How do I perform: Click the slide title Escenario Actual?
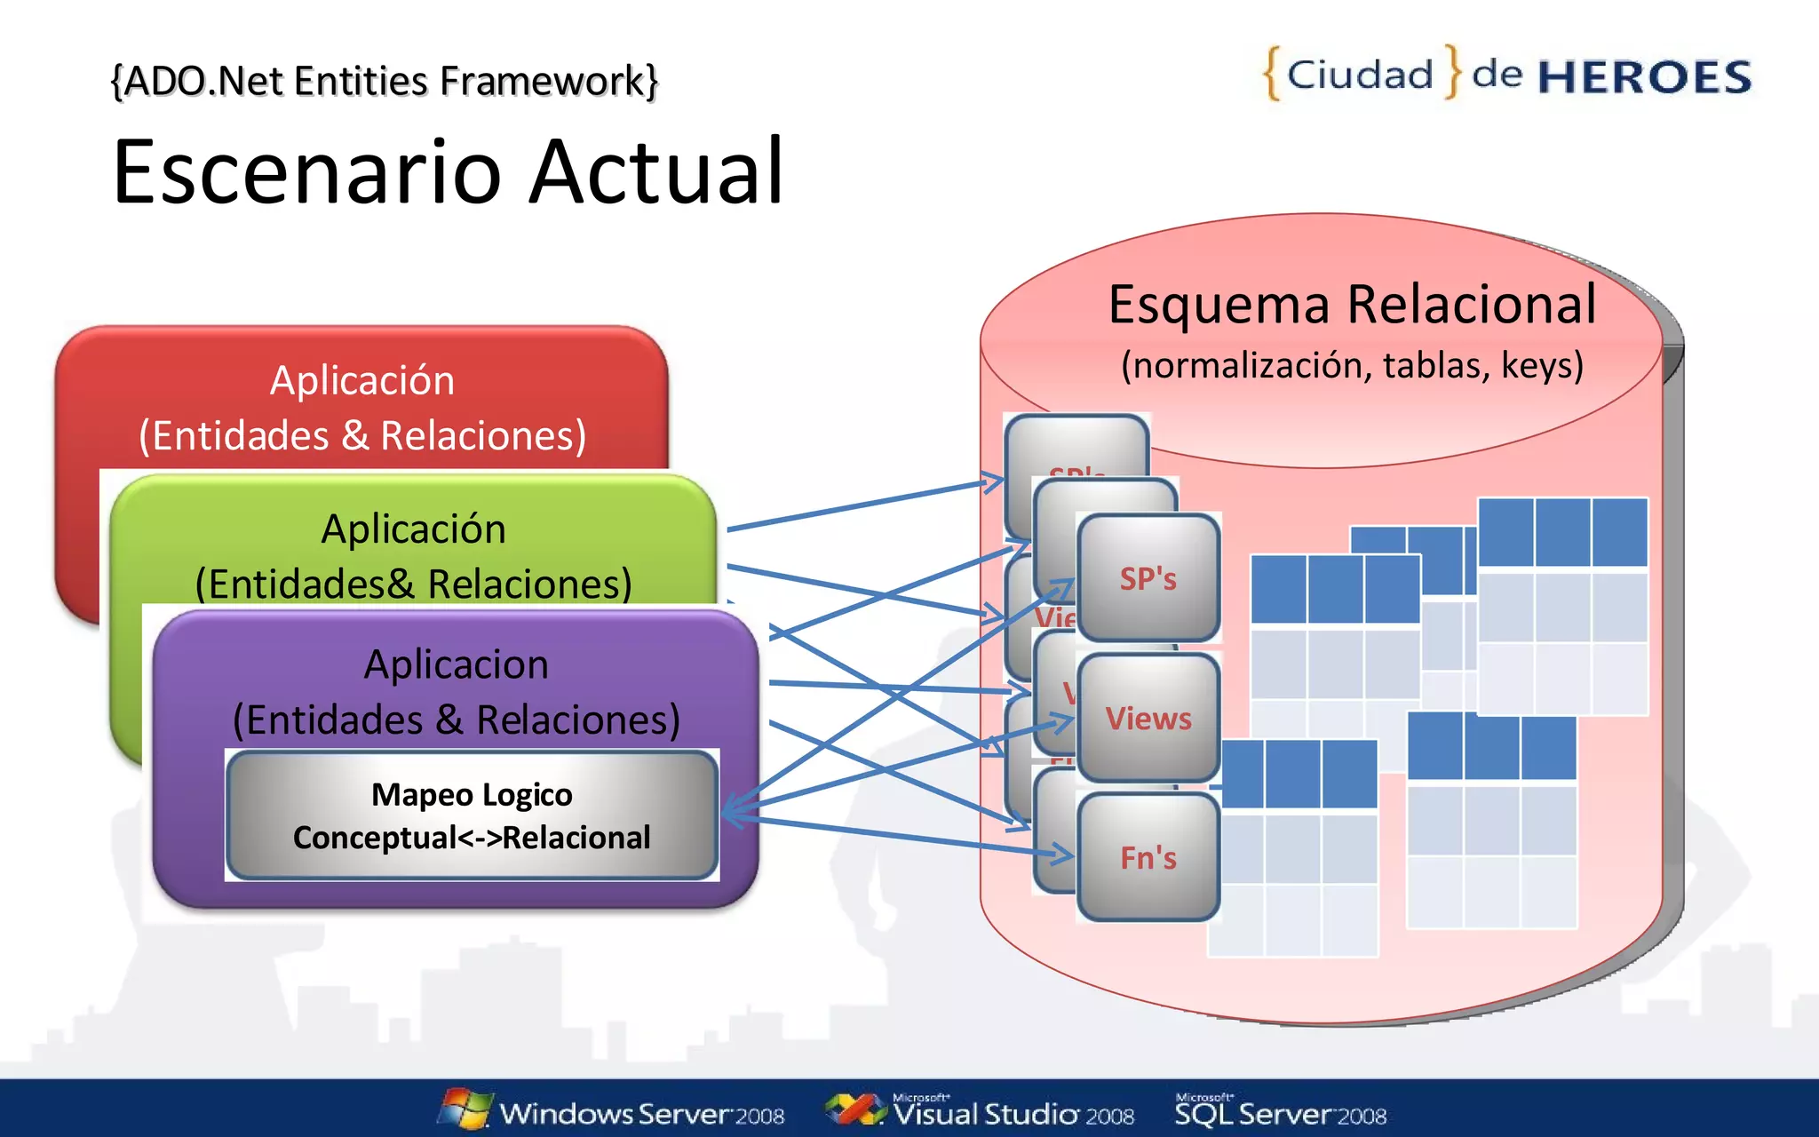[449, 171]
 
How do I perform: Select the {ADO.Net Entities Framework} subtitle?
[384, 81]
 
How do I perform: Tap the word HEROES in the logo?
[1644, 77]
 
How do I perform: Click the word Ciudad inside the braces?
[1360, 75]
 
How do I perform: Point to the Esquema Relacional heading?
[1352, 305]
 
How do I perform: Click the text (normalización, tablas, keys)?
[1352, 365]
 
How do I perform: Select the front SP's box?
[1148, 578]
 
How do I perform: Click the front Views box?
[1148, 718]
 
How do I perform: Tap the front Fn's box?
[1148, 857]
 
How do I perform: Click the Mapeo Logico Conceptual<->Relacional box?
[472, 815]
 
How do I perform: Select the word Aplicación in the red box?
[362, 380]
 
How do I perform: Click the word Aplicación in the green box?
[413, 529]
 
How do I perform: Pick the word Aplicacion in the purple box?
[456, 664]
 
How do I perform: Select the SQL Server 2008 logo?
[1280, 1110]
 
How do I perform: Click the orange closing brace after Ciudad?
[1452, 71]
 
